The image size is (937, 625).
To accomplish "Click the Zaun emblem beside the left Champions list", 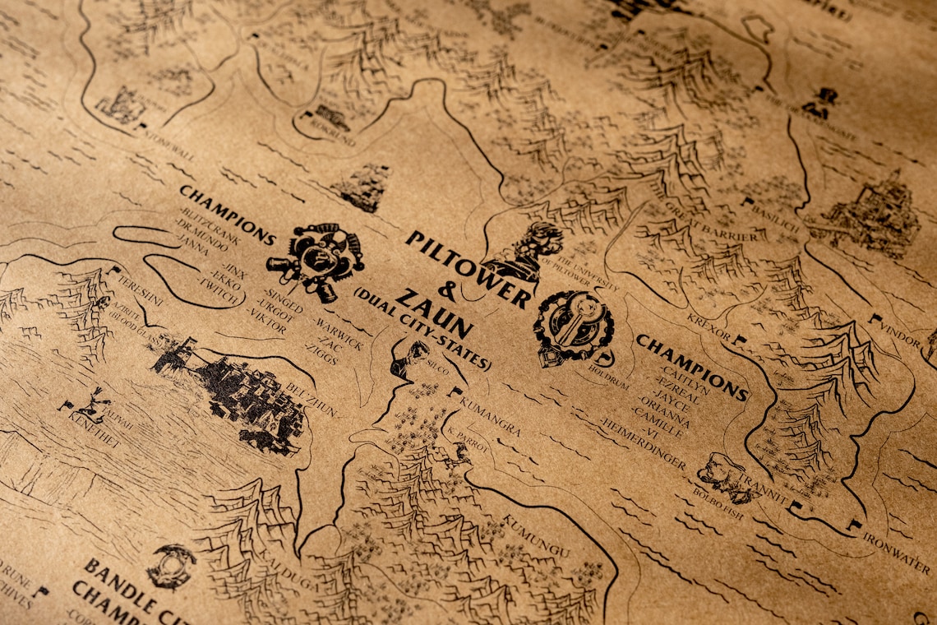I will coord(316,258).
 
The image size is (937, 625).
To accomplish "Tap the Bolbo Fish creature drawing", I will coord(722,475).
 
